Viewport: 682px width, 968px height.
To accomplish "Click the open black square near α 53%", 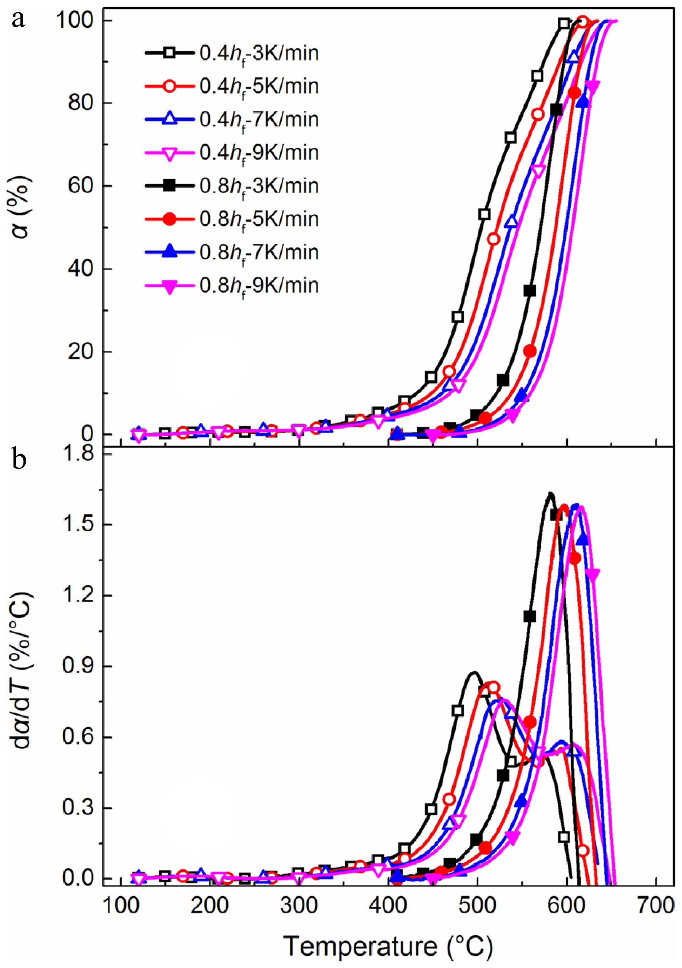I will click(484, 214).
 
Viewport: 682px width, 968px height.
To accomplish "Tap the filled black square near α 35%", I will click(530, 290).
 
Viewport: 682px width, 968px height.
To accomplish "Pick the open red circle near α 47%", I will click(493, 239).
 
